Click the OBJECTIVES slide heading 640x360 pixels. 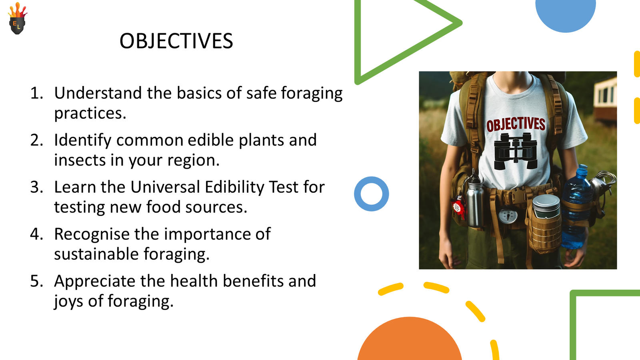click(176, 41)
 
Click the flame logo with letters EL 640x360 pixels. click(18, 18)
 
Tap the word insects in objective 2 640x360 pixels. click(80, 160)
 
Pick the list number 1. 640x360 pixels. click(37, 93)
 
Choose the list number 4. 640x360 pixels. click(37, 234)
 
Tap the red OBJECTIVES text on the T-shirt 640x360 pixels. click(516, 124)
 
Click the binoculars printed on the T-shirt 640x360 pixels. click(516, 151)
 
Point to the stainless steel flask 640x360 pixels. click(475, 200)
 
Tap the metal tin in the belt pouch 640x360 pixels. click(546, 206)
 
